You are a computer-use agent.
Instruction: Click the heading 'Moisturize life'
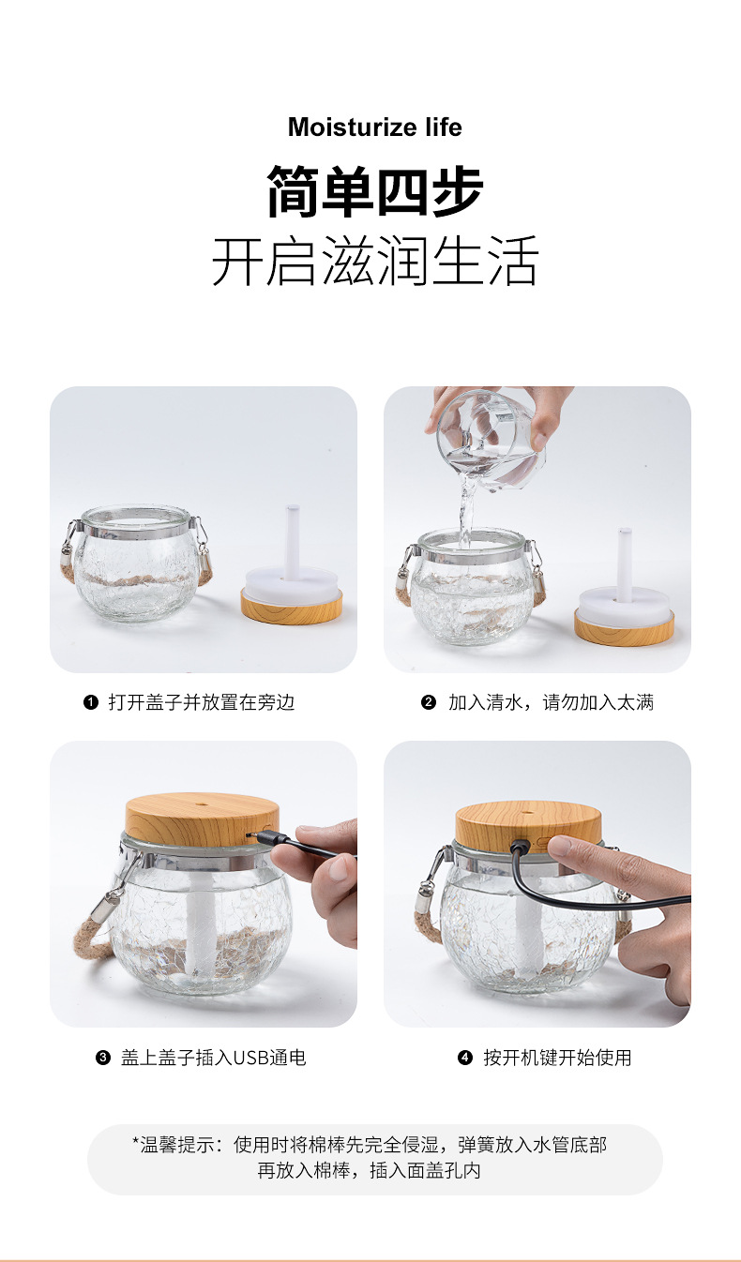click(x=374, y=128)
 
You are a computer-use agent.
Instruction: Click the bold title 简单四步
click(x=374, y=192)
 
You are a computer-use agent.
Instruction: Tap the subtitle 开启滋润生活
click(x=374, y=262)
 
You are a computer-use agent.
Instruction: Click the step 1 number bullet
click(x=91, y=702)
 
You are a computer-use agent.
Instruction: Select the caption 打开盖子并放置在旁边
click(x=202, y=702)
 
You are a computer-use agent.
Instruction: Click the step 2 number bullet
click(x=429, y=702)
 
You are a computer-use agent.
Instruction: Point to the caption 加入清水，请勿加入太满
click(x=550, y=702)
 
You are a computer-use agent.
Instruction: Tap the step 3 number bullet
click(x=103, y=1058)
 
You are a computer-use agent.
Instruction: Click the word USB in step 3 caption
click(x=250, y=1058)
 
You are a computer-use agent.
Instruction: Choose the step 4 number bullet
click(x=464, y=1058)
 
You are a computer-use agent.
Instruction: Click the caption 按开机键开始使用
click(x=557, y=1058)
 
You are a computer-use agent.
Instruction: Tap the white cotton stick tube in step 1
click(x=292, y=539)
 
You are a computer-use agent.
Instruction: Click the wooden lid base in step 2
click(x=624, y=628)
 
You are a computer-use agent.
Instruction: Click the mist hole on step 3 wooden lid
click(x=203, y=804)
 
